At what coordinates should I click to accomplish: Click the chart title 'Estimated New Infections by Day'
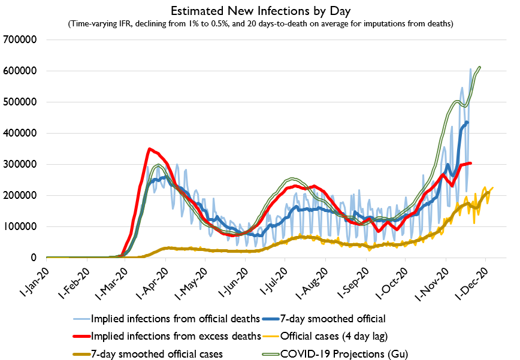click(259, 11)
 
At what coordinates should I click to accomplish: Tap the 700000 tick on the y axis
click(21, 40)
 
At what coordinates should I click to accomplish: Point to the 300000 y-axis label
click(21, 164)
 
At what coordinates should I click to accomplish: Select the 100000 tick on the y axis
click(21, 226)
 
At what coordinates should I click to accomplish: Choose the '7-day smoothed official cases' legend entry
click(157, 354)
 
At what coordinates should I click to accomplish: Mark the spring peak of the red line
click(150, 149)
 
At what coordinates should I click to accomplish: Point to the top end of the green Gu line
click(480, 67)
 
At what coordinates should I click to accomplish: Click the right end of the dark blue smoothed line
click(467, 122)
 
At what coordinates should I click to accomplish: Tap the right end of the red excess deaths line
click(471, 163)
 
